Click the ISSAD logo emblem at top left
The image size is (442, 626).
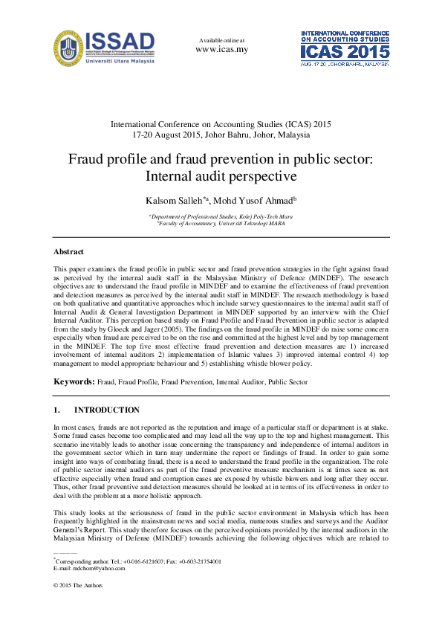(68, 49)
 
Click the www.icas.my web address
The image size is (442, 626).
(221, 50)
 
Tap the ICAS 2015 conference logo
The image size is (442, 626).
(344, 49)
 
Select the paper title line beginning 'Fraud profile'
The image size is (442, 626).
(221, 159)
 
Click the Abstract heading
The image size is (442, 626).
(68, 252)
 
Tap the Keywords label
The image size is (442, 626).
(74, 381)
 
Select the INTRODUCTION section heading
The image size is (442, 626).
(106, 410)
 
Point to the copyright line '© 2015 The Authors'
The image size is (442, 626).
(78, 585)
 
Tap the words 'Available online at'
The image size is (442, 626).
(221, 39)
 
